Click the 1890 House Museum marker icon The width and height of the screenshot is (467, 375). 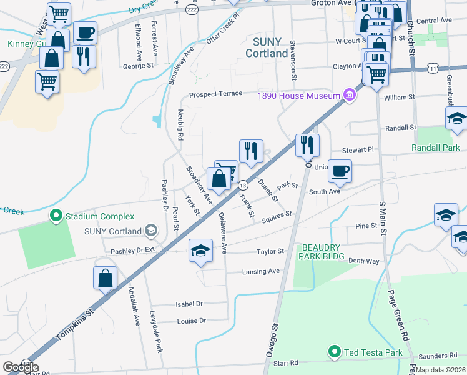[x=349, y=96]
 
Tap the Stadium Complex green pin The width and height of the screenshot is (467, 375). [x=56, y=216]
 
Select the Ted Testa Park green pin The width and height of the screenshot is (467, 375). [x=335, y=352]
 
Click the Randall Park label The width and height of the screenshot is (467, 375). [x=435, y=147]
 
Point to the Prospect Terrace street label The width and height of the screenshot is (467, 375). [x=215, y=94]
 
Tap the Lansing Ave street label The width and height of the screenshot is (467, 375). [x=261, y=272]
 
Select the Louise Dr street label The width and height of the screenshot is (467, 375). [x=191, y=321]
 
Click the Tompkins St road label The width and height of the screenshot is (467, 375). [x=74, y=324]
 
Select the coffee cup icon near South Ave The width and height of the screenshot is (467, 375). [x=340, y=170]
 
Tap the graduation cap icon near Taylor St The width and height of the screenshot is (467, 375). [x=200, y=251]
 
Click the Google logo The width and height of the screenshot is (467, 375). [x=21, y=367]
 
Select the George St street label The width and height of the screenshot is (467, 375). [x=138, y=66]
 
